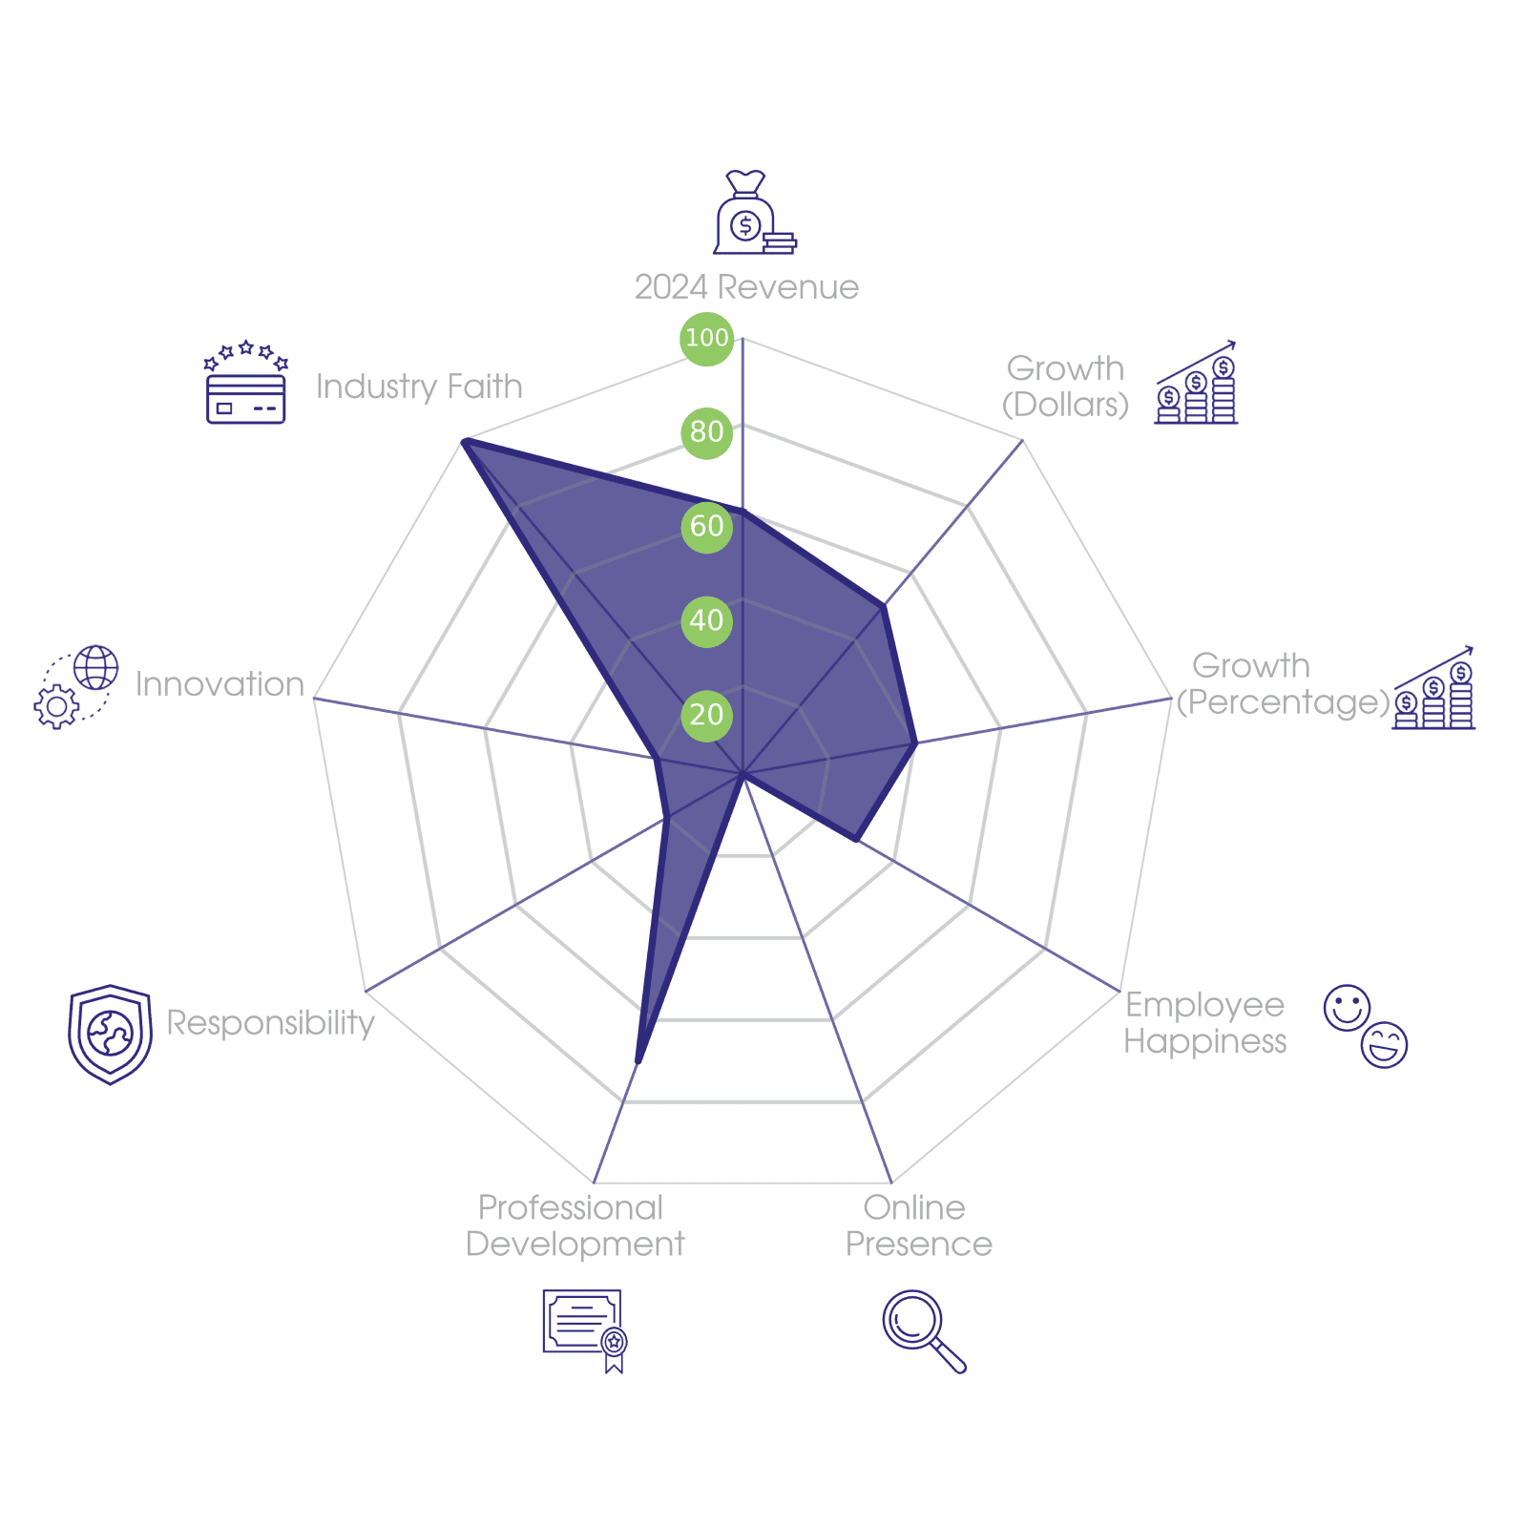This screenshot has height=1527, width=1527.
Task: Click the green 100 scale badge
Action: pos(706,338)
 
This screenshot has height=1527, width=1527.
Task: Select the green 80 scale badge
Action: pos(706,431)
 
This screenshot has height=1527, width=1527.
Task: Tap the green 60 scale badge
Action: pos(706,526)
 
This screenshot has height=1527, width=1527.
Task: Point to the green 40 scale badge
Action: pos(706,620)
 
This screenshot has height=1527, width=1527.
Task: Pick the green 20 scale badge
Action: pos(706,715)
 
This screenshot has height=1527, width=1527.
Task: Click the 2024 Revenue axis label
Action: pos(746,287)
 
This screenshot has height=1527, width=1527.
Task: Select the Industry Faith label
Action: pos(419,387)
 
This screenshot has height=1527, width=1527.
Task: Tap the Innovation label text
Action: pos(220,684)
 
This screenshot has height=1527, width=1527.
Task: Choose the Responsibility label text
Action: pos(270,1022)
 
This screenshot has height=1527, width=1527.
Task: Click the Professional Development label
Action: pos(575,1226)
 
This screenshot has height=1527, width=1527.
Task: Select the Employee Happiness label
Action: pos(1204,1023)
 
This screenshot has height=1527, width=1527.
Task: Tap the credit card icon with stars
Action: pos(246,384)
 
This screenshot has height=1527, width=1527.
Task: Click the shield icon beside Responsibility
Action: pos(110,1035)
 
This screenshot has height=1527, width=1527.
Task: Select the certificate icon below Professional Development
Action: pos(584,1329)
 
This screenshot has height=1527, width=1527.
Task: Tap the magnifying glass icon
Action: pos(922,1329)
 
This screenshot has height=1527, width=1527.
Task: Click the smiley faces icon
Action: pos(1366,1026)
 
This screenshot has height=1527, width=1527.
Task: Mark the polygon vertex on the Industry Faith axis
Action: pos(462,439)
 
